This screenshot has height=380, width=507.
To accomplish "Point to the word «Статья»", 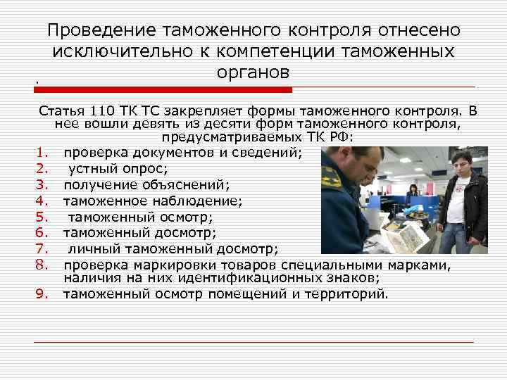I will click(63, 111).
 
